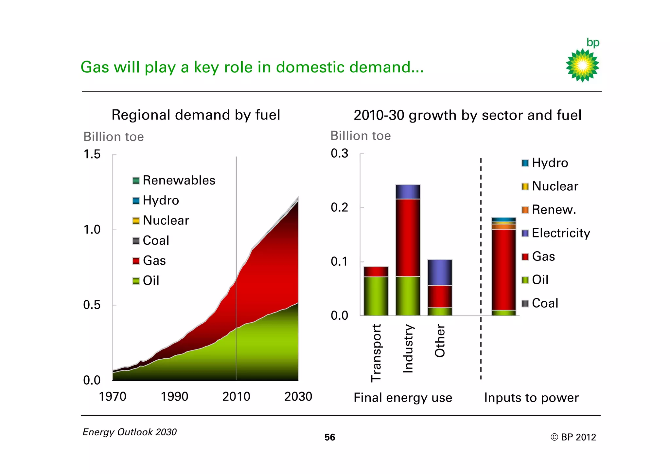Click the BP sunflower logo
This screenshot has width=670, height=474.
582,65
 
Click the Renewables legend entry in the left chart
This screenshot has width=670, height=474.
174,180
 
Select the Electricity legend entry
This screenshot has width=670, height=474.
556,233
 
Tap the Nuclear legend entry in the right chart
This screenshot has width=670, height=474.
550,186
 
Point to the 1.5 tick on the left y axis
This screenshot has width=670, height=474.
92,154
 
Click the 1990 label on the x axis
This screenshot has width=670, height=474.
174,397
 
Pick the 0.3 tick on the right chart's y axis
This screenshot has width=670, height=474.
339,153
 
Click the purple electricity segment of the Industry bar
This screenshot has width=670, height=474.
408,192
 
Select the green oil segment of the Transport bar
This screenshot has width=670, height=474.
376,296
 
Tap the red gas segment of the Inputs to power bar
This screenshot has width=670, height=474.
503,269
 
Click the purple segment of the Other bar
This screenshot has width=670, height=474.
440,272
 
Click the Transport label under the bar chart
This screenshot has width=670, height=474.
376,353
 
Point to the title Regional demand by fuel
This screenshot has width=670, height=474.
196,115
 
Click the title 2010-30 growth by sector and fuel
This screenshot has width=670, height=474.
467,115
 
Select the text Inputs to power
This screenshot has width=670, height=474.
531,398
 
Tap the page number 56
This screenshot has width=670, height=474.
329,437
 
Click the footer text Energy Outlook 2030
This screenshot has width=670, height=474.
130,432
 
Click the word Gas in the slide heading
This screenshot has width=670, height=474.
95,67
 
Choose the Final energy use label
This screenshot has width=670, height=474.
403,398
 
